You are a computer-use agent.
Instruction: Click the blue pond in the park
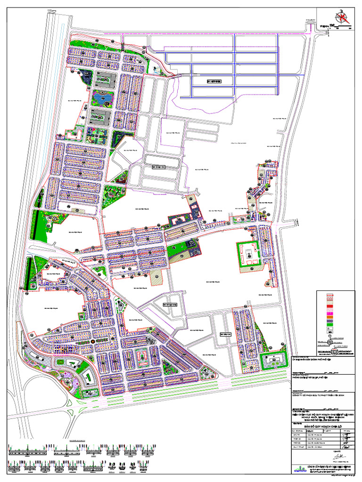click(102, 98)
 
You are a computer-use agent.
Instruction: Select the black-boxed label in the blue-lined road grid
click(214, 81)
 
